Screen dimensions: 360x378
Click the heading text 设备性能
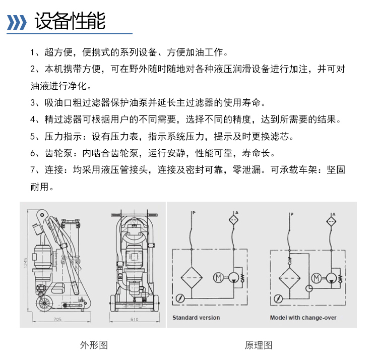pyautogui.click(x=70, y=21)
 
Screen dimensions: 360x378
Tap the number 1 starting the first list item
pyautogui.click(x=33, y=52)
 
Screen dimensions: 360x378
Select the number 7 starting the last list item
pyautogui.click(x=33, y=170)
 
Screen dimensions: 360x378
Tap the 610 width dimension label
pyautogui.click(x=134, y=319)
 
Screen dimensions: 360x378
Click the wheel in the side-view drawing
pyautogui.click(x=43, y=303)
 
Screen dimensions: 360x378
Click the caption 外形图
pyautogui.click(x=94, y=345)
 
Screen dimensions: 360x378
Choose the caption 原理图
pyautogui.click(x=259, y=345)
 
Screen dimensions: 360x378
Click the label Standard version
pyautogui.click(x=196, y=318)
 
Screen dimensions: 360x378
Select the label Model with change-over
pyautogui.click(x=303, y=318)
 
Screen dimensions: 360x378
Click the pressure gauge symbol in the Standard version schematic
pyautogui.click(x=179, y=298)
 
